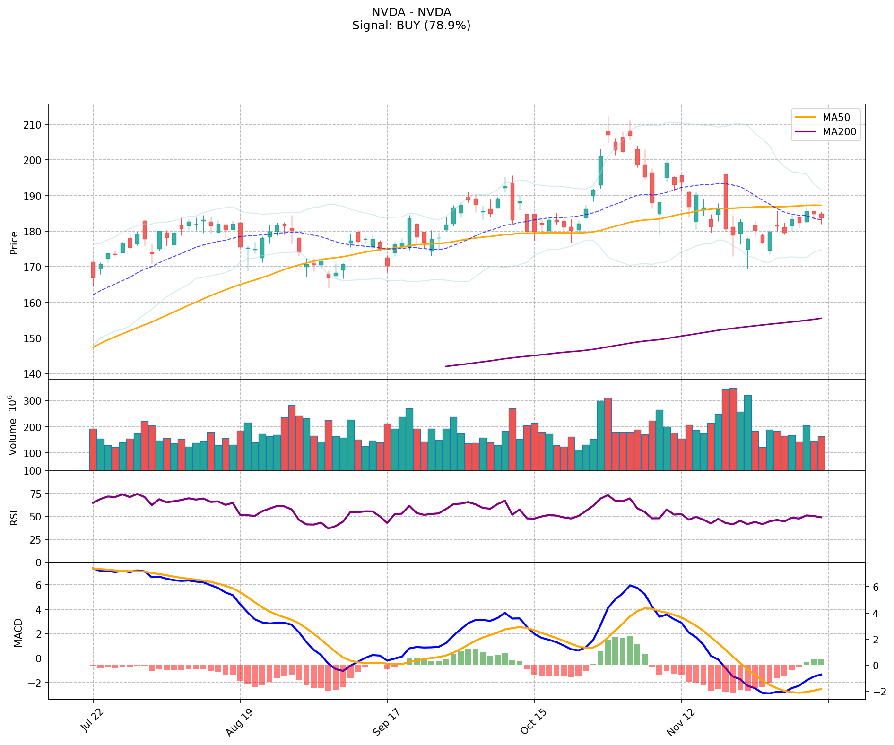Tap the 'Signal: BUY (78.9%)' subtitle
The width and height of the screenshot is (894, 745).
411,26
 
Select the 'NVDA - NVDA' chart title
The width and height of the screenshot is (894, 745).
411,12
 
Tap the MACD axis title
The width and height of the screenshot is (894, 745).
18,632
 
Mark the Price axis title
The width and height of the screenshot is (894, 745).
14,243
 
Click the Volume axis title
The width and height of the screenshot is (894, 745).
13,425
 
